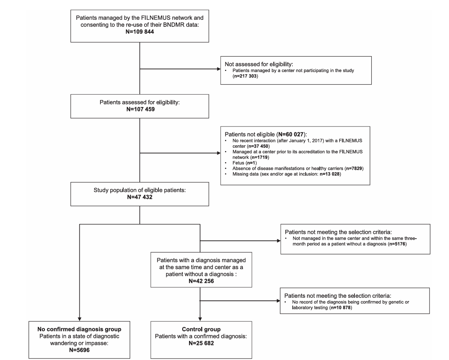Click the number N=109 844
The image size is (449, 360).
[140, 32]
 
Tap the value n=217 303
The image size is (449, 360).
[245, 76]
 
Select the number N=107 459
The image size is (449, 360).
[140, 109]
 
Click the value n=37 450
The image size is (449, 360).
[258, 146]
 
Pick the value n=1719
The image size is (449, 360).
[260, 157]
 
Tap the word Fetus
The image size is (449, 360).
[238, 163]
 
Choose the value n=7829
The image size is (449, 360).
[354, 168]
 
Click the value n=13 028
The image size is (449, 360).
[329, 174]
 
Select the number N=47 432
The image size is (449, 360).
[140, 197]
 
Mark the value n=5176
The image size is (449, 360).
[397, 244]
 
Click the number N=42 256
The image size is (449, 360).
[201, 281]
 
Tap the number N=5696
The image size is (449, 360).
[79, 350]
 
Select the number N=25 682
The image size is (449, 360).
[201, 343]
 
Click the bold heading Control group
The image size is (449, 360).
[201, 329]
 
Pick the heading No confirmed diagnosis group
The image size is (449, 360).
[79, 329]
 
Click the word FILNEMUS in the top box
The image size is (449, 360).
[156, 18]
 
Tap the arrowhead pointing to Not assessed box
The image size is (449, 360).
[219, 69]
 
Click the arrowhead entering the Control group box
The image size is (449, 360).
[200, 319]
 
